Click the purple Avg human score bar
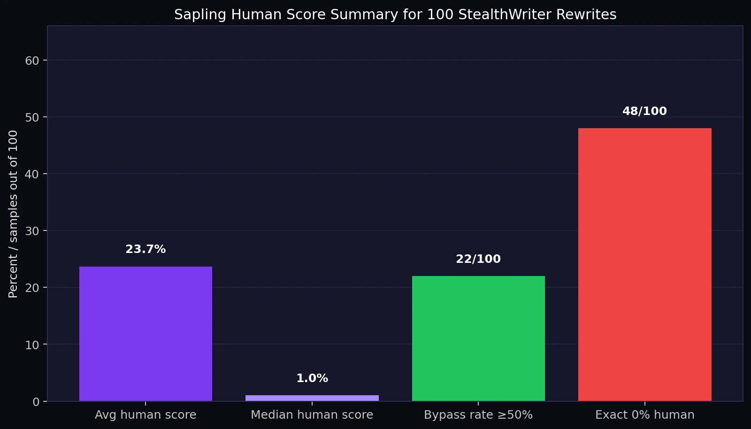click(146, 334)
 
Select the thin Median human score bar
click(312, 398)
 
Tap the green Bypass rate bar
click(478, 338)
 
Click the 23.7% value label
click(146, 249)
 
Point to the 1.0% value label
click(312, 378)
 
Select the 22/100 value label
click(478, 259)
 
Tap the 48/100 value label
click(644, 111)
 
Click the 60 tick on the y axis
click(32, 61)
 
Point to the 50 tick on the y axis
click(32, 117)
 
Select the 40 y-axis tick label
click(32, 174)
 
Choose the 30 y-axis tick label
click(32, 231)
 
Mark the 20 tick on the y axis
click(32, 288)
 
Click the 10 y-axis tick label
click(32, 345)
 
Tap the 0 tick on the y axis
click(36, 402)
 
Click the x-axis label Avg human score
click(146, 415)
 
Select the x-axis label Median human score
click(312, 415)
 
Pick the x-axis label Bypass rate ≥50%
click(478, 415)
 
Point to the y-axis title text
click(13, 214)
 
